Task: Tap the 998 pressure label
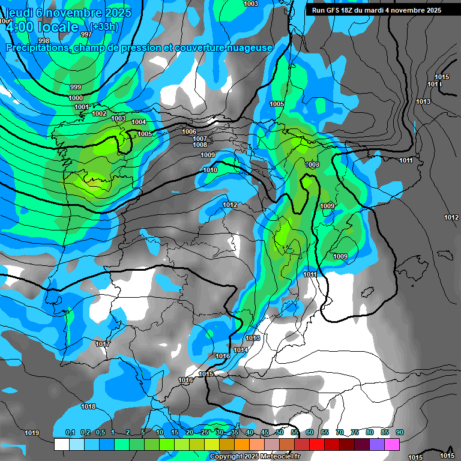coord(44,41)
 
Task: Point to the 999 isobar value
coord(76,88)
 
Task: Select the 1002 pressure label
coord(99,113)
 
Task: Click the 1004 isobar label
coord(139,122)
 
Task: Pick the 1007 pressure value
coord(200,139)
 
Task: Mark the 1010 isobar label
coord(210,170)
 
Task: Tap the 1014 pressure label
coord(241,350)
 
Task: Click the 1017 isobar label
coord(103,344)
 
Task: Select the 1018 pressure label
coord(88,406)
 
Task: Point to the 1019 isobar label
coord(32,433)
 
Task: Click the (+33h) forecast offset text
coord(104,26)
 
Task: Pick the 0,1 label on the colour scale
coord(70,433)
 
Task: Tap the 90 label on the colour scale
coord(399,433)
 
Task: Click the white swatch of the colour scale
coord(61,444)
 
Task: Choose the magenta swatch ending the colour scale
coord(392,444)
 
